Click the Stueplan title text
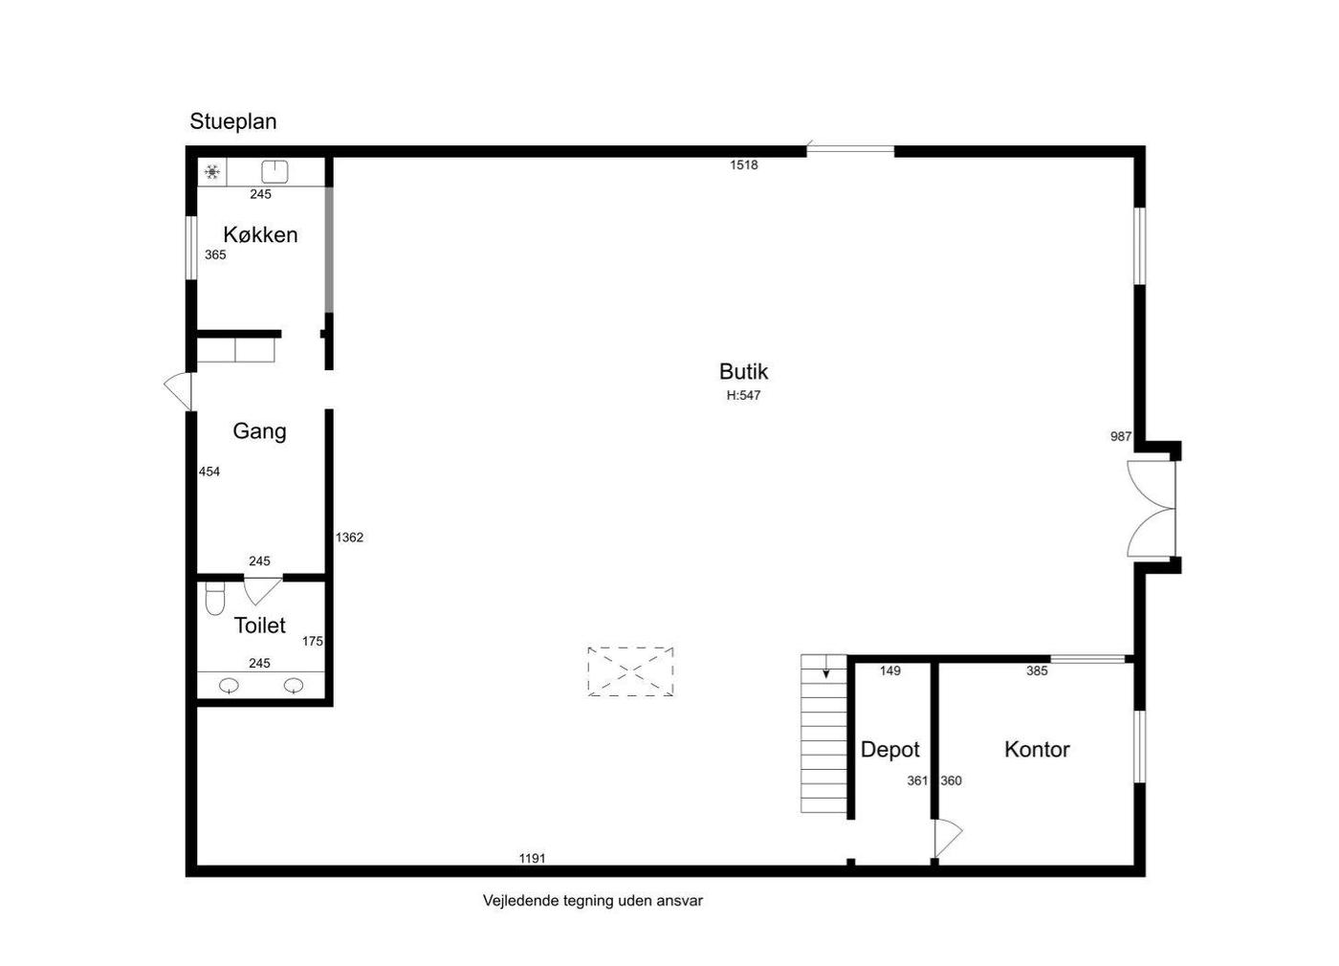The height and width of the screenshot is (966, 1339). (233, 122)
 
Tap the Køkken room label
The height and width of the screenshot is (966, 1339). (260, 235)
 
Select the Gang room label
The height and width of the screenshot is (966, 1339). (259, 431)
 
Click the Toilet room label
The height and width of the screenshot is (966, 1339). (259, 626)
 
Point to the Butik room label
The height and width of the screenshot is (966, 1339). (744, 372)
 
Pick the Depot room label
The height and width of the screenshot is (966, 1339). (890, 750)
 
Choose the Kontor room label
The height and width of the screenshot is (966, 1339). (1037, 750)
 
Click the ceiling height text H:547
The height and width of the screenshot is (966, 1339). (744, 396)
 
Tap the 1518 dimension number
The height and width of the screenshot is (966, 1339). (744, 165)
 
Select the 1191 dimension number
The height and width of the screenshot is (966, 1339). (532, 859)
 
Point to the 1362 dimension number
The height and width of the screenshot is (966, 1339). (349, 538)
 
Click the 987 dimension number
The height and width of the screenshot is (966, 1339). (1121, 437)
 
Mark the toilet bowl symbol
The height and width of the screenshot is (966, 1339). (214, 598)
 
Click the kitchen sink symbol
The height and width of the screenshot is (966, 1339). (275, 172)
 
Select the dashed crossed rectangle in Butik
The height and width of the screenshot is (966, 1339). (630, 671)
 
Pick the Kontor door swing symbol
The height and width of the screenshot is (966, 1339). (949, 838)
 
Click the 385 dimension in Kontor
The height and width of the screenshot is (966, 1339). (1037, 671)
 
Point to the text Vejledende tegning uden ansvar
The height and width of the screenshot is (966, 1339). (593, 901)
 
